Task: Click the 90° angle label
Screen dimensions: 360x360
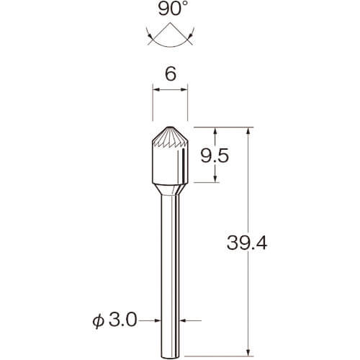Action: [x=172, y=9]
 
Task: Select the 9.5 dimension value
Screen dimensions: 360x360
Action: [x=215, y=156]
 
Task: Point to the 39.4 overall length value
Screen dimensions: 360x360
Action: [x=247, y=243]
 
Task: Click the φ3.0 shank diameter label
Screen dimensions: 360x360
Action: [x=114, y=320]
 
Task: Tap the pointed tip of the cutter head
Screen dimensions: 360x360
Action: [x=170, y=127]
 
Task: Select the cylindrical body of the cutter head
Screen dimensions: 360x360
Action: [x=170, y=166]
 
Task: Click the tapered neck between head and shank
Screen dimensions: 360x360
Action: [x=170, y=189]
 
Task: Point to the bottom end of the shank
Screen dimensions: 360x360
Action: [x=170, y=358]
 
